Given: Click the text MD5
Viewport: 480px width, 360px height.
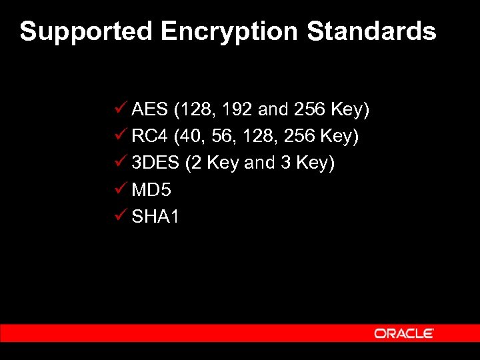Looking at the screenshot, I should pos(151,190).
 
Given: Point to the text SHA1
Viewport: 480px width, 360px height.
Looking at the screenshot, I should pos(155,217).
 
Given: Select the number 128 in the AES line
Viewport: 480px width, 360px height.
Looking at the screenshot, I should pos(195,109).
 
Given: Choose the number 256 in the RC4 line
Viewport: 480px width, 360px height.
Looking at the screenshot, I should pos(299,137).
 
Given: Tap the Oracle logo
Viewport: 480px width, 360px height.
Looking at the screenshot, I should pos(404,333).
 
